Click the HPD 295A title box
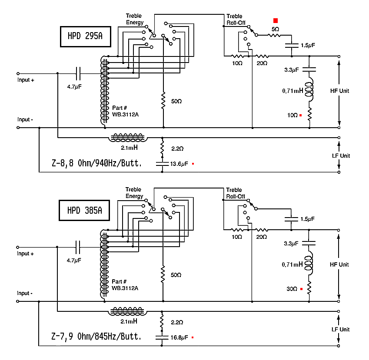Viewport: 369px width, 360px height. (x=85, y=36)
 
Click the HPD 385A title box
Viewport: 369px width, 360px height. (x=85, y=210)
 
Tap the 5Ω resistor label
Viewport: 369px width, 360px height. (x=275, y=29)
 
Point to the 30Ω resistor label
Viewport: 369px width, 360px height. (x=292, y=289)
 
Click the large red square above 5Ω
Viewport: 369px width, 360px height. (x=275, y=20)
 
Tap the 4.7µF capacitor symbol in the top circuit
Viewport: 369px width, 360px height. (x=79, y=73)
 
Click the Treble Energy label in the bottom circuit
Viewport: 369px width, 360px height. (x=134, y=193)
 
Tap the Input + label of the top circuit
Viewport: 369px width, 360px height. (x=26, y=80)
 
